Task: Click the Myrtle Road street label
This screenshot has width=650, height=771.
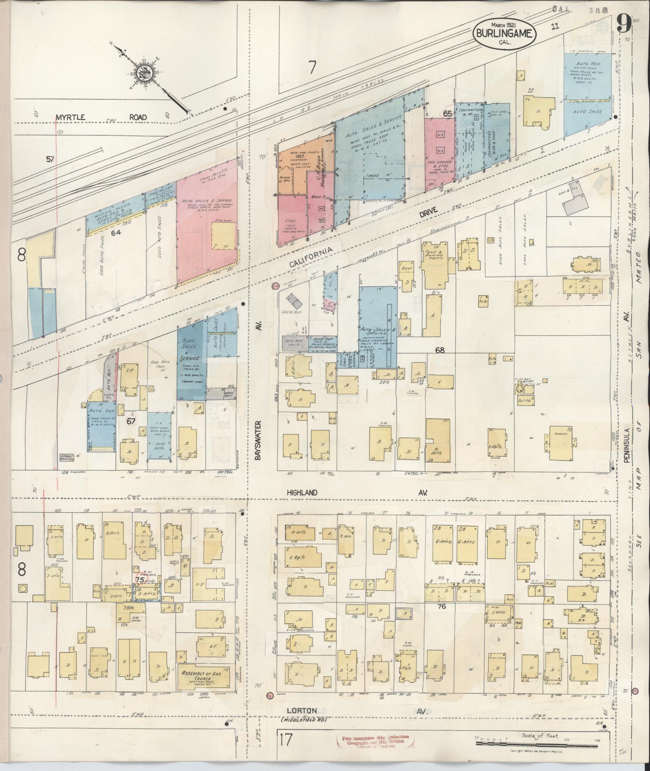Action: tap(102, 117)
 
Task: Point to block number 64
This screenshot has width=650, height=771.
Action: tap(116, 233)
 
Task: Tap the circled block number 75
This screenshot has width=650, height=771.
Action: tap(140, 579)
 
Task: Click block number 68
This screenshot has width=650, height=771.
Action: tap(439, 350)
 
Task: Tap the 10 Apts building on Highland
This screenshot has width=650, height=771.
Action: tap(437, 443)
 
